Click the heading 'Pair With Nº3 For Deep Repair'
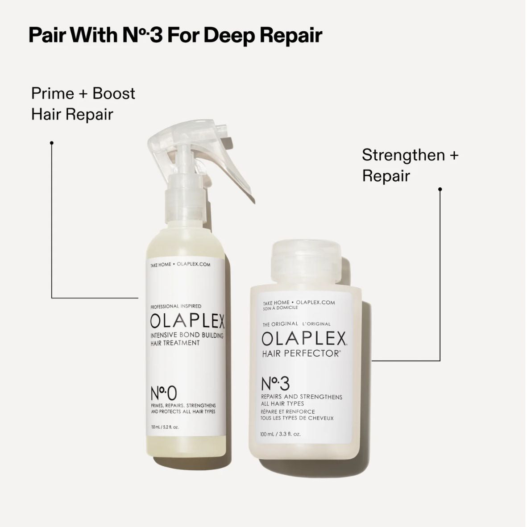click(x=175, y=35)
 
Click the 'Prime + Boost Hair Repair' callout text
click(x=83, y=104)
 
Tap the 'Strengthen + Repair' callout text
click(x=410, y=165)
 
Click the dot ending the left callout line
click(x=52, y=143)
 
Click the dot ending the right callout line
click(x=440, y=189)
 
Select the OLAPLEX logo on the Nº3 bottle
click(x=304, y=339)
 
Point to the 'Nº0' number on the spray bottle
click(x=164, y=393)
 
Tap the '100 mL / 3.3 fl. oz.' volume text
click(x=280, y=434)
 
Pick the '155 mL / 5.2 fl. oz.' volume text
click(x=165, y=427)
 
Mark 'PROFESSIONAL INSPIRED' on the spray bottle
click(x=176, y=306)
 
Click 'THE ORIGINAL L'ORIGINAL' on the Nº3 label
click(x=296, y=324)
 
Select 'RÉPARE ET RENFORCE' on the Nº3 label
click(x=288, y=411)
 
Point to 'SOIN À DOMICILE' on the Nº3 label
click(x=280, y=308)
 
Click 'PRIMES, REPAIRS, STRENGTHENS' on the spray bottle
click(x=183, y=405)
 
